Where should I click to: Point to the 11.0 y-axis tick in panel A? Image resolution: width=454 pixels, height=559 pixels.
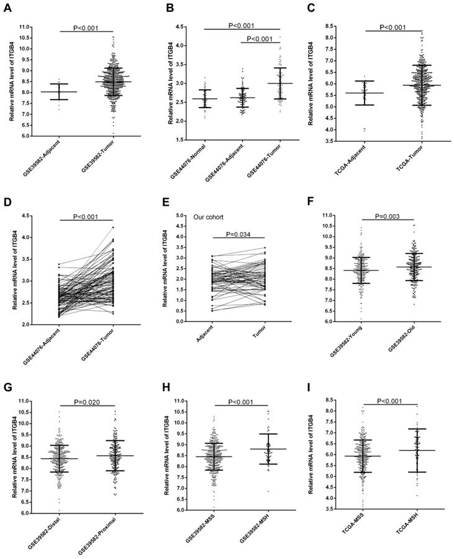pos(25,27)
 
